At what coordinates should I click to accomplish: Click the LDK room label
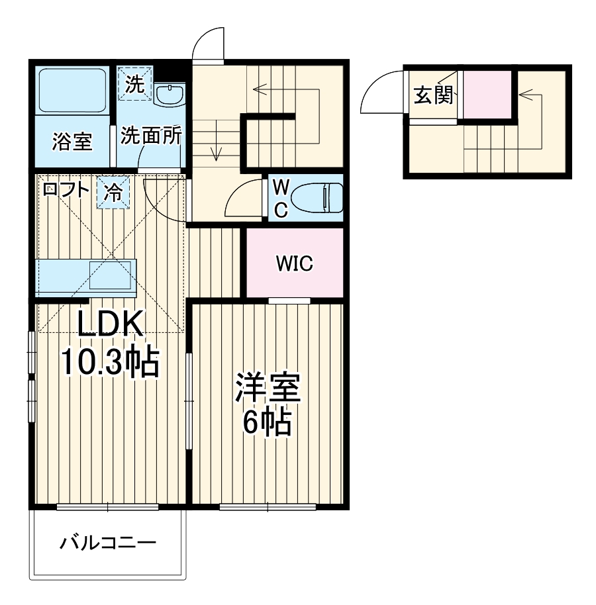(x=111, y=325)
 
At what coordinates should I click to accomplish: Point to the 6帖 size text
(x=268, y=423)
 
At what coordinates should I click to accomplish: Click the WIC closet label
(x=294, y=264)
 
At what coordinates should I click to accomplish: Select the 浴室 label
(x=72, y=142)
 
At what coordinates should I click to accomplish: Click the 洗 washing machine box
(x=135, y=84)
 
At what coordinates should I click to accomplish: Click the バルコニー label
(x=109, y=544)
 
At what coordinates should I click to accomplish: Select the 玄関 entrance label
(x=434, y=96)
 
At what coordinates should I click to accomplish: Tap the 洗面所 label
(x=151, y=136)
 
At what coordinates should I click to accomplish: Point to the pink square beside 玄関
(x=487, y=93)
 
